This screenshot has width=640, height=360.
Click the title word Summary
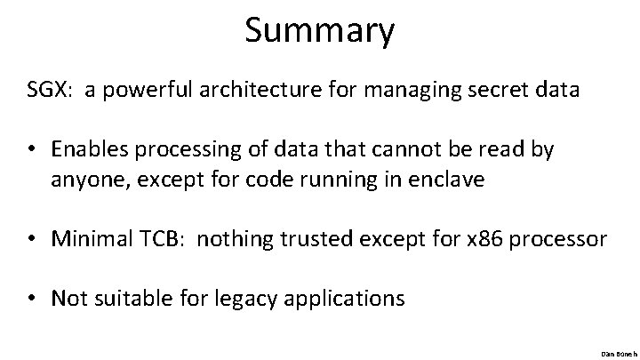pos(320,31)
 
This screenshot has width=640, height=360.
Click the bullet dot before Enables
pos(32,150)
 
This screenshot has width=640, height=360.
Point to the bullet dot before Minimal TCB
pos(32,238)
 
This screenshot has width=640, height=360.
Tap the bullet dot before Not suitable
pos(32,298)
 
